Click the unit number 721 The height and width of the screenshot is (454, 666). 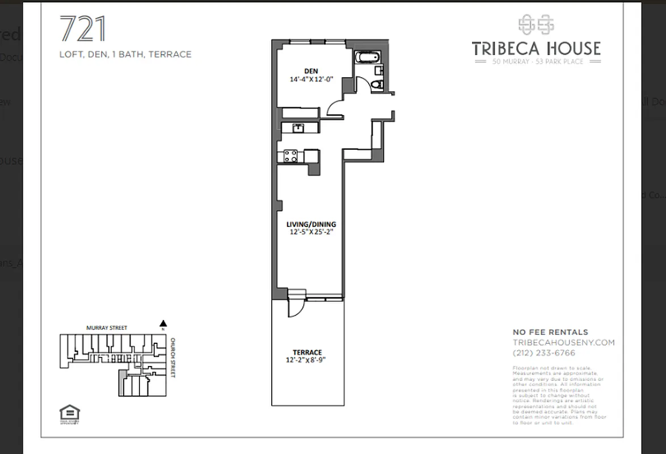(x=83, y=30)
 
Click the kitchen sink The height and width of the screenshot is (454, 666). (x=297, y=128)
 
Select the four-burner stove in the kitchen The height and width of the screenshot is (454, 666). (x=290, y=156)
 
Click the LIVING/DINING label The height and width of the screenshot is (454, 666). (x=309, y=224)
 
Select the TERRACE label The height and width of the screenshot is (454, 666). (x=307, y=352)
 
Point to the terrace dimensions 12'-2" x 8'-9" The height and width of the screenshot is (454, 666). (x=306, y=360)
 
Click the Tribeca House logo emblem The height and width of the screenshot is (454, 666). (x=536, y=24)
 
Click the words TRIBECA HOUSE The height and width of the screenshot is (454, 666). (x=536, y=48)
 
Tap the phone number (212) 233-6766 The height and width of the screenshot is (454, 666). (x=543, y=353)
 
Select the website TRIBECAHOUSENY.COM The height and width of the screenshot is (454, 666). (x=563, y=343)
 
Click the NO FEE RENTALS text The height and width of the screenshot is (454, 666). (x=550, y=333)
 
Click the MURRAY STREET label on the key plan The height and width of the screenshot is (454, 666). (x=107, y=328)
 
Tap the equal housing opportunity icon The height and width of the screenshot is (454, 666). (x=69, y=413)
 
